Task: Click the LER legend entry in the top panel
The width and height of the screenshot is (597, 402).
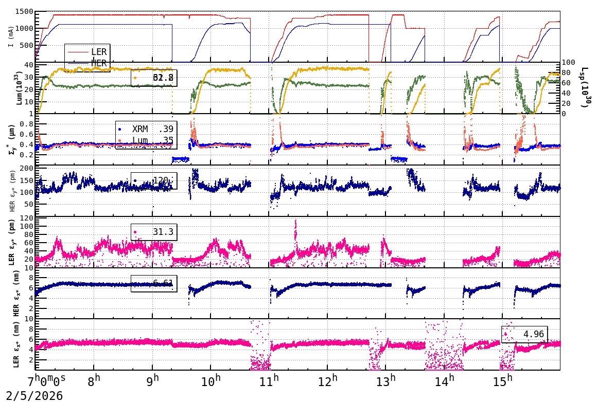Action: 98,52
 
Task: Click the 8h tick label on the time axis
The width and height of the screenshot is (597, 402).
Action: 94,381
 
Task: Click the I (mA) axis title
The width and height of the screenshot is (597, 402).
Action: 11,36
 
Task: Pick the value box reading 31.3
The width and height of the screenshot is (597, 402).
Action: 154,232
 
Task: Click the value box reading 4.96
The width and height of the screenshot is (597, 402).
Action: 524,334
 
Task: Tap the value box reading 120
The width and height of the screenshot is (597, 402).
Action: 154,180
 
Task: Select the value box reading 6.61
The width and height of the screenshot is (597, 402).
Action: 154,283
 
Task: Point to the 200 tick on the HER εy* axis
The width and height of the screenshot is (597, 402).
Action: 26,168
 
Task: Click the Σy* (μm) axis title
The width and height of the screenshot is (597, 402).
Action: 11,139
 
